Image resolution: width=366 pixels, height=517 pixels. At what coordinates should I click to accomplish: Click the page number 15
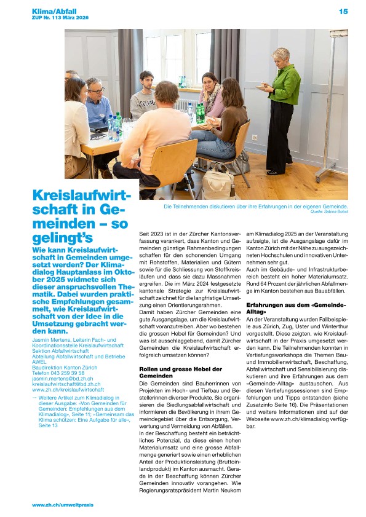click(343, 11)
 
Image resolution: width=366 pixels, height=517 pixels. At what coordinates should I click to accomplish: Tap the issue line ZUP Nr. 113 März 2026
click(60, 18)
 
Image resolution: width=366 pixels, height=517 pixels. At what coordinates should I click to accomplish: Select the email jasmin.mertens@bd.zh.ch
click(60, 379)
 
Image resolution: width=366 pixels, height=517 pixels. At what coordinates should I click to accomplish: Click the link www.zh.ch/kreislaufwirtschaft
click(68, 390)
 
